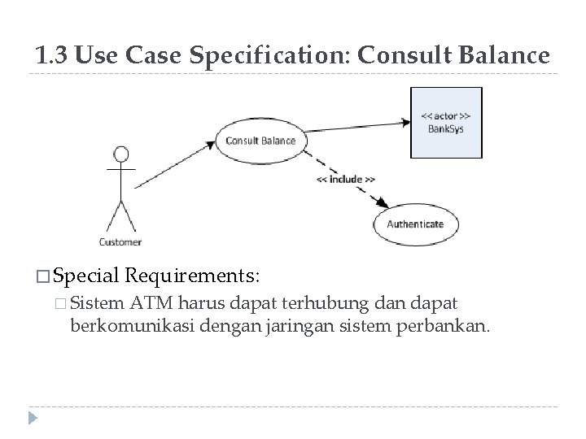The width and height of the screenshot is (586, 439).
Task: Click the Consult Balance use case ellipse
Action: click(x=260, y=140)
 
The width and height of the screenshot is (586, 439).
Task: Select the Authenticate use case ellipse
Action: click(x=415, y=224)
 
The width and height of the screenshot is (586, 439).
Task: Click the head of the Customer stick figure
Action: click(x=121, y=154)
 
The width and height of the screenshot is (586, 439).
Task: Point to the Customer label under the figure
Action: click(x=120, y=241)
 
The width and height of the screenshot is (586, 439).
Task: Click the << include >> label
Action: click(x=345, y=179)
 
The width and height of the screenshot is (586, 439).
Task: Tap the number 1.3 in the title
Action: click(x=51, y=55)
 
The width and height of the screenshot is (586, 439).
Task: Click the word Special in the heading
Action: click(x=89, y=275)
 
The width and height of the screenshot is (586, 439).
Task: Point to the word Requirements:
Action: click(x=194, y=275)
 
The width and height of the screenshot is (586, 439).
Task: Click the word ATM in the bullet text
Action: click(x=150, y=304)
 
